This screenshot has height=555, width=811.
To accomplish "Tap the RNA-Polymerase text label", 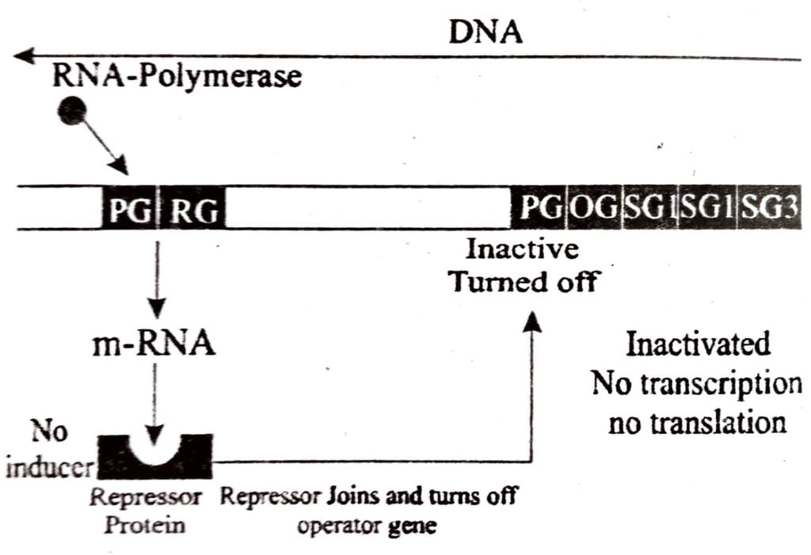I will click(x=177, y=78).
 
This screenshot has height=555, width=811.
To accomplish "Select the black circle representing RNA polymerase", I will click(x=72, y=111).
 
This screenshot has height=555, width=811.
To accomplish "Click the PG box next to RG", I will click(x=131, y=209).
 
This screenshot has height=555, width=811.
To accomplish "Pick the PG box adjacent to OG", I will click(x=540, y=209).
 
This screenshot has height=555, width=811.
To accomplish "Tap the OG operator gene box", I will click(x=595, y=209).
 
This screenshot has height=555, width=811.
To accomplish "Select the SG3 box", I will click(x=770, y=209).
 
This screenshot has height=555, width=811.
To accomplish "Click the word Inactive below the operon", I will click(x=522, y=249).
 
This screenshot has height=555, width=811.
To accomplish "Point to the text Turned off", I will click(x=523, y=280).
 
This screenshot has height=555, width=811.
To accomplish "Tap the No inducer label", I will click(x=48, y=451).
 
